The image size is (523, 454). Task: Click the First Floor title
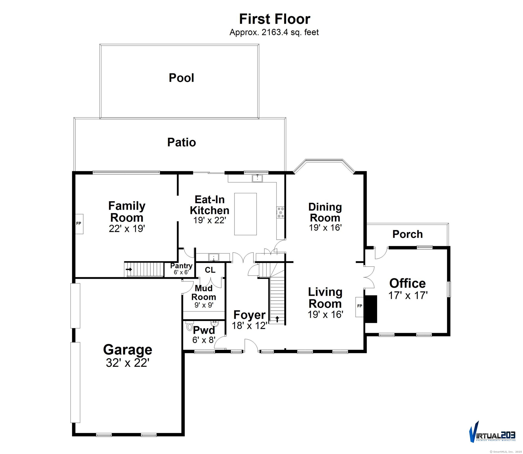[x=275, y=19]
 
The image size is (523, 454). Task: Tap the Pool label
[x=181, y=78]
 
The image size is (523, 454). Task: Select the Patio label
[x=181, y=142]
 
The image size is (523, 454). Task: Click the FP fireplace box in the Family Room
[x=79, y=224]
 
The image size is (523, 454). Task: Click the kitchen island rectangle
[x=245, y=214]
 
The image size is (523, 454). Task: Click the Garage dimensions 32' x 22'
[x=127, y=363]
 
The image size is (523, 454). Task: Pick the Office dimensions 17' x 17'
[x=408, y=295]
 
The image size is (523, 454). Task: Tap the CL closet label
[x=210, y=270]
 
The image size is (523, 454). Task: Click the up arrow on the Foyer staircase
[x=277, y=319]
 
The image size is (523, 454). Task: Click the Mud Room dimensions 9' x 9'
[x=204, y=305]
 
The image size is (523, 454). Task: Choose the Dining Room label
[x=325, y=212]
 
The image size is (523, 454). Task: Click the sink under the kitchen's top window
[x=257, y=178]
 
